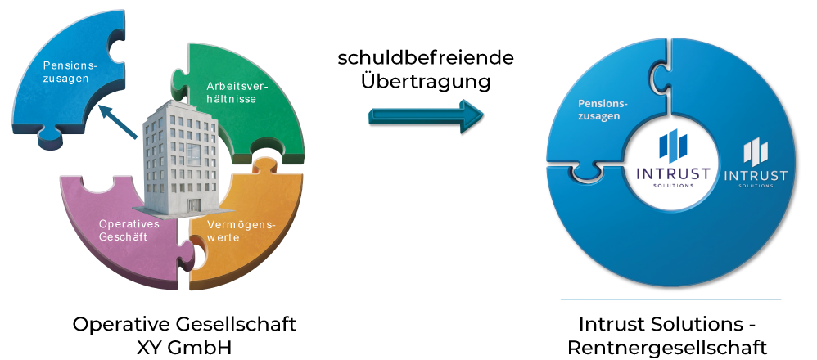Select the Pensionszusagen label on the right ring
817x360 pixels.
[603, 110]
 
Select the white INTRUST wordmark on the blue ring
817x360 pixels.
[755, 175]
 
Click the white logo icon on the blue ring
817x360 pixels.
[755, 151]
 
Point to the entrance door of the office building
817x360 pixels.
[194, 205]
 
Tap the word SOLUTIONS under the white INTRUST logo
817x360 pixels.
[755, 187]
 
